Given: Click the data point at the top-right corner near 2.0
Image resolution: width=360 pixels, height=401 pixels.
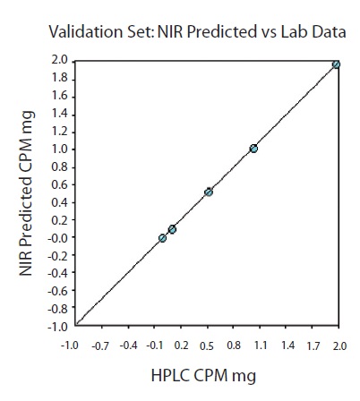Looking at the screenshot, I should pyautogui.click(x=336, y=64).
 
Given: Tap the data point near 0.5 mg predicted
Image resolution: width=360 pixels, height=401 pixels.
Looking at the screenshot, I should pyautogui.click(x=209, y=192).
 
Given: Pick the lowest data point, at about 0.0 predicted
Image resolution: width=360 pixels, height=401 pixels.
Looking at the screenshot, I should pyautogui.click(x=162, y=238).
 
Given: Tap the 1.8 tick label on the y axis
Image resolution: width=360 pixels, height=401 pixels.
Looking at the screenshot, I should pyautogui.click(x=58, y=78).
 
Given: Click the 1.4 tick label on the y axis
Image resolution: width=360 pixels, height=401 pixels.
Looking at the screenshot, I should pyautogui.click(x=58, y=114).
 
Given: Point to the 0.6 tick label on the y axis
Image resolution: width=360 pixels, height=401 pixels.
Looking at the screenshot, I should pyautogui.click(x=58, y=184).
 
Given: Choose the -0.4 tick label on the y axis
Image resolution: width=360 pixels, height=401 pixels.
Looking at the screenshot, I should pyautogui.click(x=56, y=273).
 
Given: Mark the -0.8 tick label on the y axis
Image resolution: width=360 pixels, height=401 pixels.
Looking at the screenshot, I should pyautogui.click(x=56, y=308).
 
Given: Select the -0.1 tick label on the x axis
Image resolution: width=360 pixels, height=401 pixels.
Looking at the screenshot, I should pyautogui.click(x=155, y=344).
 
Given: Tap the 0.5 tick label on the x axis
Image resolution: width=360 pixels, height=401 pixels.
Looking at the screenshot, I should pyautogui.click(x=208, y=344).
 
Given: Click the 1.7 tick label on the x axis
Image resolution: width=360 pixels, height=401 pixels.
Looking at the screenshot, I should pyautogui.click(x=313, y=344).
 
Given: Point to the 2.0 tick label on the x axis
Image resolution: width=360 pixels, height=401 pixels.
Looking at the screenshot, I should pyautogui.click(x=339, y=344).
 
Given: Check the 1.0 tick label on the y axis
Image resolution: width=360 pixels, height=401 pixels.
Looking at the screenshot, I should pyautogui.click(x=58, y=149).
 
